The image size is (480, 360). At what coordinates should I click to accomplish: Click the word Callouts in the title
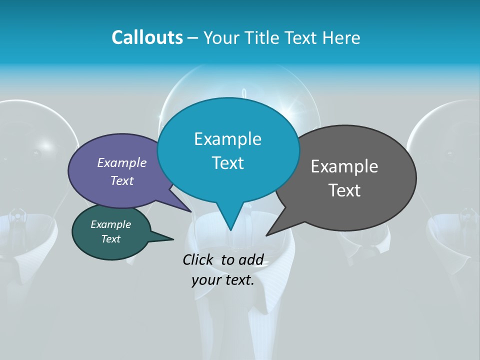[x=147, y=37]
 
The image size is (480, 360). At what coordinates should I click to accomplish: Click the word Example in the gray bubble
[x=344, y=166]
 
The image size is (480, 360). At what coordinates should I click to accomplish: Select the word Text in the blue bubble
[x=227, y=163]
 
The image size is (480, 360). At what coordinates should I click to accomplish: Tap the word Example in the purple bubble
[x=122, y=162]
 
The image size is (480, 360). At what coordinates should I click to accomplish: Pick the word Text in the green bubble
[x=111, y=239]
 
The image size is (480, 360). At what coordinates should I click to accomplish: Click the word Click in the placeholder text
[x=197, y=259]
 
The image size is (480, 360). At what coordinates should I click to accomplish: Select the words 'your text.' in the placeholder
[x=223, y=280]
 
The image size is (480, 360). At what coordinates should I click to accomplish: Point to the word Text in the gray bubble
[x=344, y=190]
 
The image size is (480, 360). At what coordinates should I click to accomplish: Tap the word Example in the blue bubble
[x=227, y=139]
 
